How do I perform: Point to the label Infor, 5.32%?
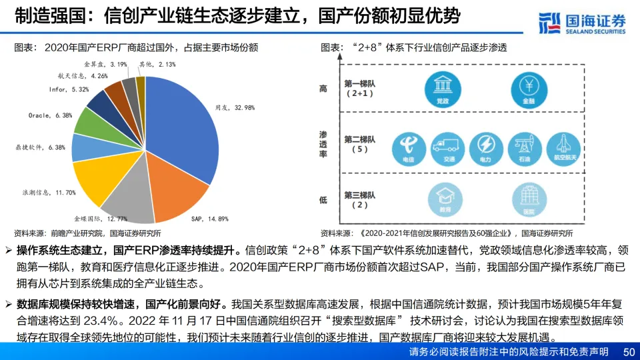tap(69, 89)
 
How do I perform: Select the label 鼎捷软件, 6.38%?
tap(40, 147)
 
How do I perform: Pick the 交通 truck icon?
tap(448, 147)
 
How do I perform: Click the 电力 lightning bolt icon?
tap(487, 147)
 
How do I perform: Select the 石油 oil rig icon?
tap(525, 147)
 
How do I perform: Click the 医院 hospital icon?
tap(529, 198)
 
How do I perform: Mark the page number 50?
tap(628, 351)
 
